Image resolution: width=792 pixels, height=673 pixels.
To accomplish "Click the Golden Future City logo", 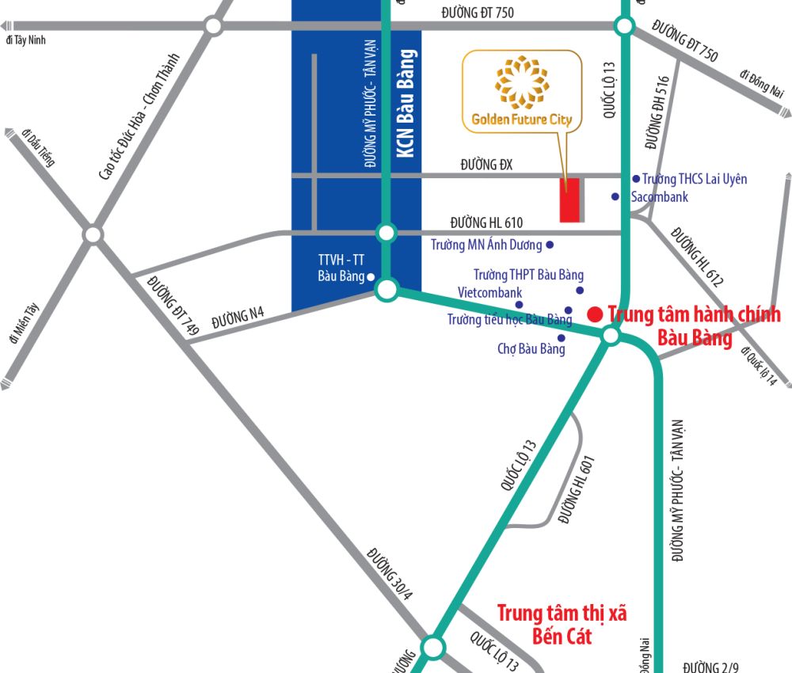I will [522, 91].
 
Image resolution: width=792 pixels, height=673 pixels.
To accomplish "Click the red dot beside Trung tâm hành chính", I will [594, 314].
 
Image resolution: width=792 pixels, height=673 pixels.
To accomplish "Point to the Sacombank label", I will [660, 197].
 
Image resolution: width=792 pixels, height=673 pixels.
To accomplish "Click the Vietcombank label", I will [490, 293].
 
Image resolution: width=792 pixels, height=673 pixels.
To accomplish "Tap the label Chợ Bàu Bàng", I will [531, 348].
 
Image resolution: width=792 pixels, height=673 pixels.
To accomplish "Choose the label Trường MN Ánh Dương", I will [486, 245].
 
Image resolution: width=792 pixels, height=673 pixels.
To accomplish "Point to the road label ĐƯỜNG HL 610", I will [486, 222].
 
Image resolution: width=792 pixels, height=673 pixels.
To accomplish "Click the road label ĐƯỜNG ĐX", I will [487, 165].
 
